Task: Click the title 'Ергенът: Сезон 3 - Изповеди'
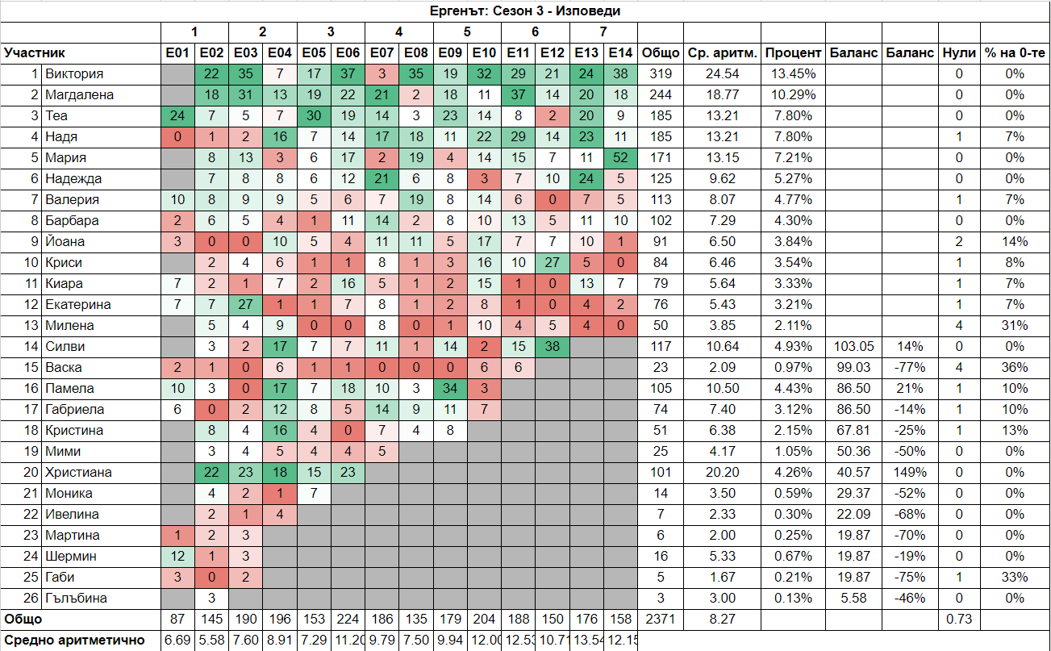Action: pyautogui.click(x=525, y=10)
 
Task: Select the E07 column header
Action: pyautogui.click(x=382, y=53)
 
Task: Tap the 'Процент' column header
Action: pyautogui.click(x=794, y=53)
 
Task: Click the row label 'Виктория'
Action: pyautogui.click(x=74, y=74)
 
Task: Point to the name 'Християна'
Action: pyautogui.click(x=78, y=473)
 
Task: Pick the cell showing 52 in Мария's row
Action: pyautogui.click(x=620, y=158)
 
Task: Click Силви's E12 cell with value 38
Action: pyautogui.click(x=553, y=347)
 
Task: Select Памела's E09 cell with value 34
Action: pyautogui.click(x=450, y=389)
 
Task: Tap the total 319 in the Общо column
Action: pyautogui.click(x=660, y=74)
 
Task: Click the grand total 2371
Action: pyautogui.click(x=660, y=620)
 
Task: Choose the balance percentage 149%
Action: pyautogui.click(x=910, y=473)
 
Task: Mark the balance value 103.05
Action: pyautogui.click(x=853, y=347)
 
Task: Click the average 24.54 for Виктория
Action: pyautogui.click(x=722, y=74)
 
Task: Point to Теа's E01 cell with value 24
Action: pyautogui.click(x=177, y=116)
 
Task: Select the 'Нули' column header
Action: pyautogui.click(x=959, y=53)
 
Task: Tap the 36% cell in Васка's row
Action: pyautogui.click(x=1014, y=368)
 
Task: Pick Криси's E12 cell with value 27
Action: pyautogui.click(x=553, y=263)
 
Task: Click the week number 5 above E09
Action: pyautogui.click(x=467, y=32)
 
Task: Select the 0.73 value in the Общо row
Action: pyautogui.click(x=959, y=620)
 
